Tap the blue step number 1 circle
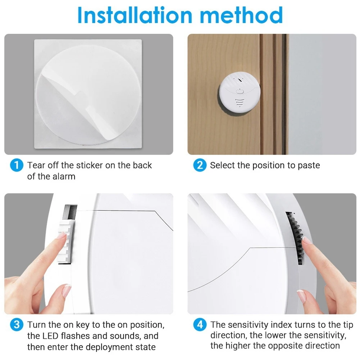[16, 165]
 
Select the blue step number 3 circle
[16, 325]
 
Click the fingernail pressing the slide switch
[62, 236]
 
